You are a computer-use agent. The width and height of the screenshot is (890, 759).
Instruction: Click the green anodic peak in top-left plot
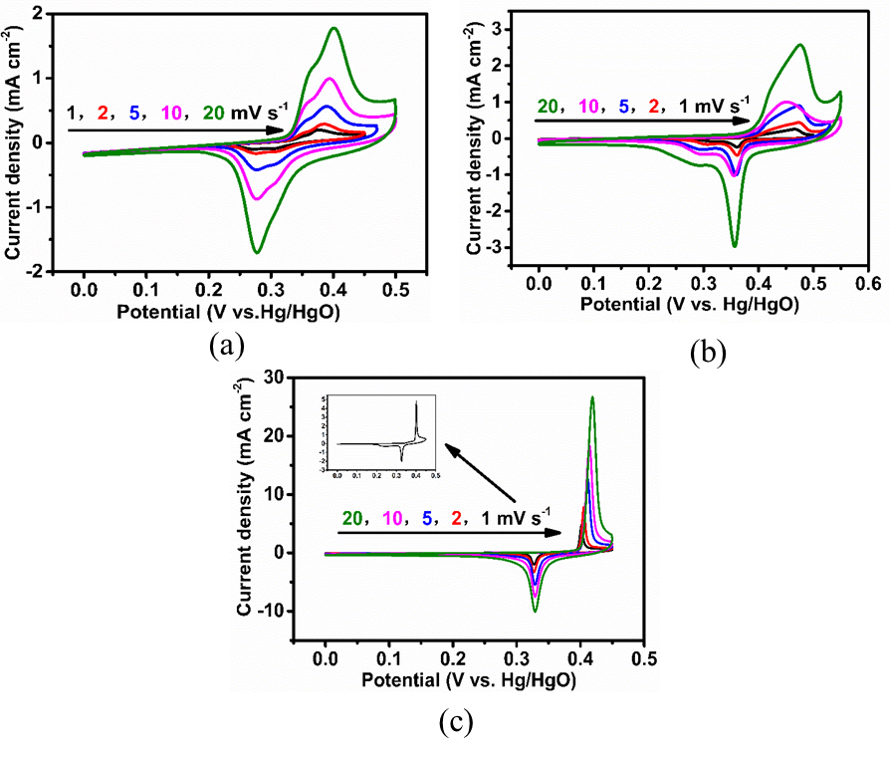tap(334, 29)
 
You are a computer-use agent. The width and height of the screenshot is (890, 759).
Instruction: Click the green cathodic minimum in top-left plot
tap(257, 251)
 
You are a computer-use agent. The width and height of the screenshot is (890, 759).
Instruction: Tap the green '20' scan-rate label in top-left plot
tap(214, 113)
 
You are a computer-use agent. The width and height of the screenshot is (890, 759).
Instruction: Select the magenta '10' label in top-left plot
tap(170, 113)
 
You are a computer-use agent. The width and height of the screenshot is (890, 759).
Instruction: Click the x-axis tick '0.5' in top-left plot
tap(396, 292)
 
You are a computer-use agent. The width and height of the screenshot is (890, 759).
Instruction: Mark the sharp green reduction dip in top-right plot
tap(735, 245)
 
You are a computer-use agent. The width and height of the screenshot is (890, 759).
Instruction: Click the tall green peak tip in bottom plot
tap(592, 397)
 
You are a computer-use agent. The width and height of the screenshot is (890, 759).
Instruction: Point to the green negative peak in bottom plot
tap(536, 610)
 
